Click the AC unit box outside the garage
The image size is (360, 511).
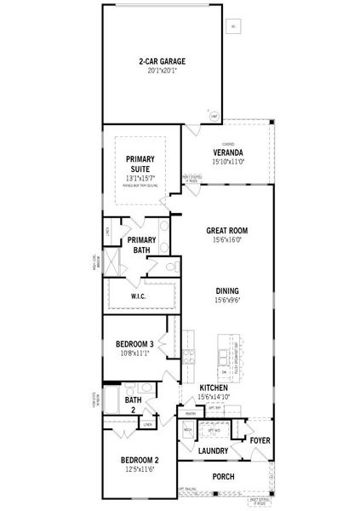point(232,27)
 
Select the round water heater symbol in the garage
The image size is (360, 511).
point(191,115)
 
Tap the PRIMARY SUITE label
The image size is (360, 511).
point(140,164)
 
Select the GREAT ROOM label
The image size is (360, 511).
point(226,230)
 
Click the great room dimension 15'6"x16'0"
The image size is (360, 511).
point(226,239)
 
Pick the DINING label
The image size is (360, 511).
point(226,290)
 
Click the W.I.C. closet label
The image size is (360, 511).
point(140,296)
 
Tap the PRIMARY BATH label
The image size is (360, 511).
point(141,245)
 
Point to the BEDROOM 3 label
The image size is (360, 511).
point(134,343)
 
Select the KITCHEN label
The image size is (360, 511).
point(213,388)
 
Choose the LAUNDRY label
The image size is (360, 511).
point(214,451)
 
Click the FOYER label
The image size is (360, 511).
point(260,439)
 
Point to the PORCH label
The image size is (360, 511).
point(223,477)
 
